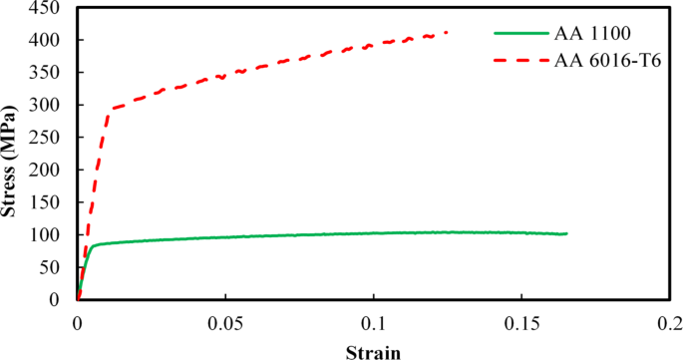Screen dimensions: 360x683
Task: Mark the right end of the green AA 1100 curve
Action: click(x=566, y=233)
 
